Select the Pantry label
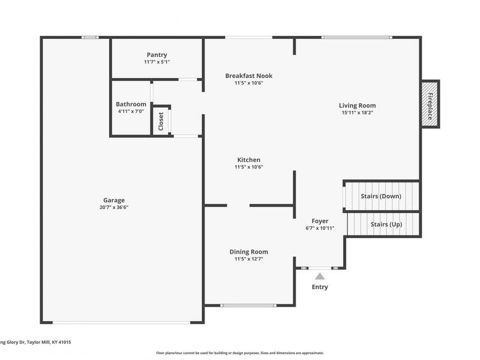point(157,55)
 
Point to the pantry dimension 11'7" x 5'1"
point(157,62)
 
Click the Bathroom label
point(131,104)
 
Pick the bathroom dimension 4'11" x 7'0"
point(131,111)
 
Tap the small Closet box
point(161,121)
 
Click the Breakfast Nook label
point(249,76)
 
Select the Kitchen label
point(249,160)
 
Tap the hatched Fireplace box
point(430,103)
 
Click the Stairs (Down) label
point(381,196)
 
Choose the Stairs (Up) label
point(386,224)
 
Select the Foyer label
point(320,221)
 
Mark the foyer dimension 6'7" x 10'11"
point(320,229)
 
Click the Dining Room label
point(249,252)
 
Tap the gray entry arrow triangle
point(320,276)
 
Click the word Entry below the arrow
point(320,287)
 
